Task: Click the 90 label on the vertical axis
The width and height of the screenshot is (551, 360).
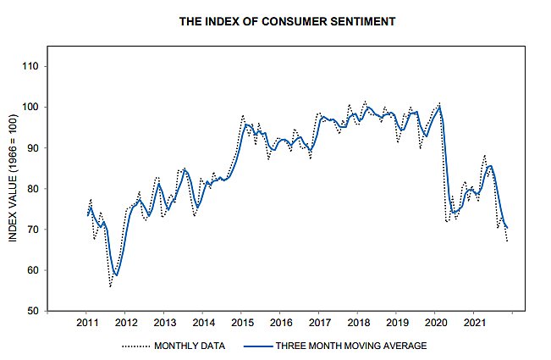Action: coord(41,147)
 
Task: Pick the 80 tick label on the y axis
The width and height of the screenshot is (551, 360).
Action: coord(41,189)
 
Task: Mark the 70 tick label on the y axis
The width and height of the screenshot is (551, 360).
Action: coord(41,230)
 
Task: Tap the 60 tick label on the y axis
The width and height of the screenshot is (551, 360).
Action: coord(41,270)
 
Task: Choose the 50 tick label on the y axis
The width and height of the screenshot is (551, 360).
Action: coord(41,311)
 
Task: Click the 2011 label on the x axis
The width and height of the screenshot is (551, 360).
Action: coord(87,324)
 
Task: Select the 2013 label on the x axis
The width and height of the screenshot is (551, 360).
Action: coord(165,324)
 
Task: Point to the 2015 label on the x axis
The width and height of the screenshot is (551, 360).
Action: coord(242,324)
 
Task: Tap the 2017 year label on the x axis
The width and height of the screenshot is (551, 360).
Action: coord(319,324)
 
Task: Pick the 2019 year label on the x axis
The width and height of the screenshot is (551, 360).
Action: coord(397,324)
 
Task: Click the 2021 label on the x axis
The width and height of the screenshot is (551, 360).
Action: coord(474,324)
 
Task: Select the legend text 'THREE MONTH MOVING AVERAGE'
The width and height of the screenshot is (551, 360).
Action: coord(350,346)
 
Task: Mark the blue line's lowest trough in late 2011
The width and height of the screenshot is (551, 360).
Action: coord(116,274)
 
